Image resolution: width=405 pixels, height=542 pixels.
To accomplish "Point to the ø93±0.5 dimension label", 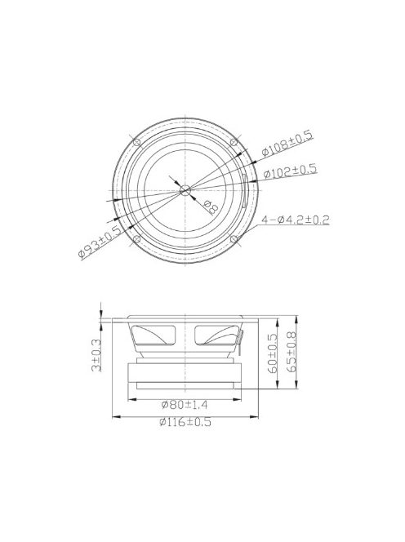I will click(100, 242).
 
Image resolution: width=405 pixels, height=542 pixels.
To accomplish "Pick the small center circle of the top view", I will click(185, 190).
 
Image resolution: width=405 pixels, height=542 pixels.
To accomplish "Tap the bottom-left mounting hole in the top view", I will click(136, 239).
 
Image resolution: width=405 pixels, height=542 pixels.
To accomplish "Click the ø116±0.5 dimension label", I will click(187, 422).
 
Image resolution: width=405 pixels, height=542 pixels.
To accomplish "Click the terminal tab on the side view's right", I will click(240, 336).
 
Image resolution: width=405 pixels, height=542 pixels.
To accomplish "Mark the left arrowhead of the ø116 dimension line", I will click(113, 415).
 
